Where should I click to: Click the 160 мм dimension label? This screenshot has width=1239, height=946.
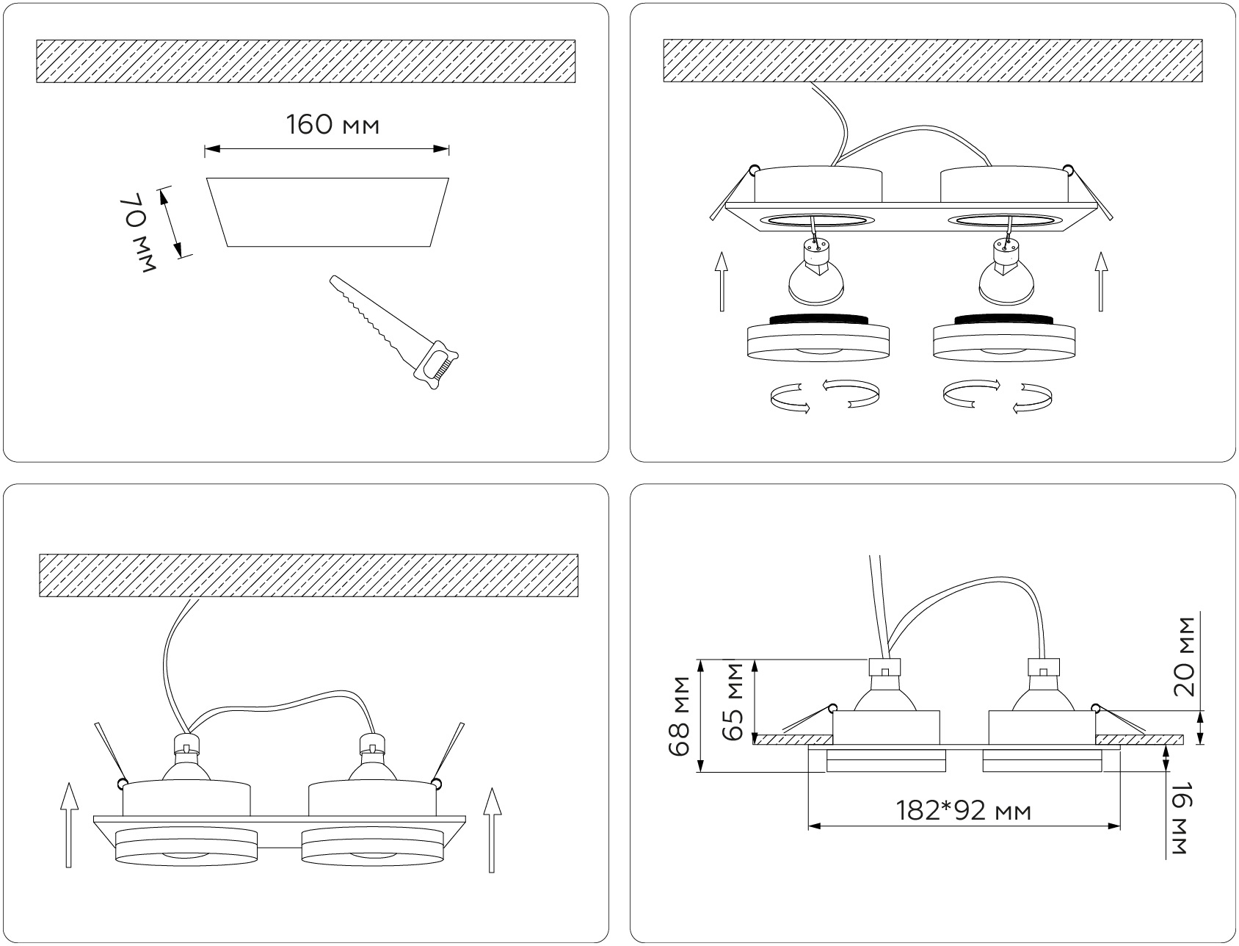pos(333,125)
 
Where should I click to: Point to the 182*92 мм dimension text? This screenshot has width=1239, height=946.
pos(964,811)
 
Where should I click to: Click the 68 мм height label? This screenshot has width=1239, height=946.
pos(680,715)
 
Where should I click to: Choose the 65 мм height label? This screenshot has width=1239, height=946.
pos(734,700)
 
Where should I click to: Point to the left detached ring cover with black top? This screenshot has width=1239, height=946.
pos(818,337)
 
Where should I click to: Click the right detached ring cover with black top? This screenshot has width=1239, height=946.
pos(1005,337)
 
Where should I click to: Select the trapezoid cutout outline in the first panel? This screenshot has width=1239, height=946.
pos(327,212)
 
